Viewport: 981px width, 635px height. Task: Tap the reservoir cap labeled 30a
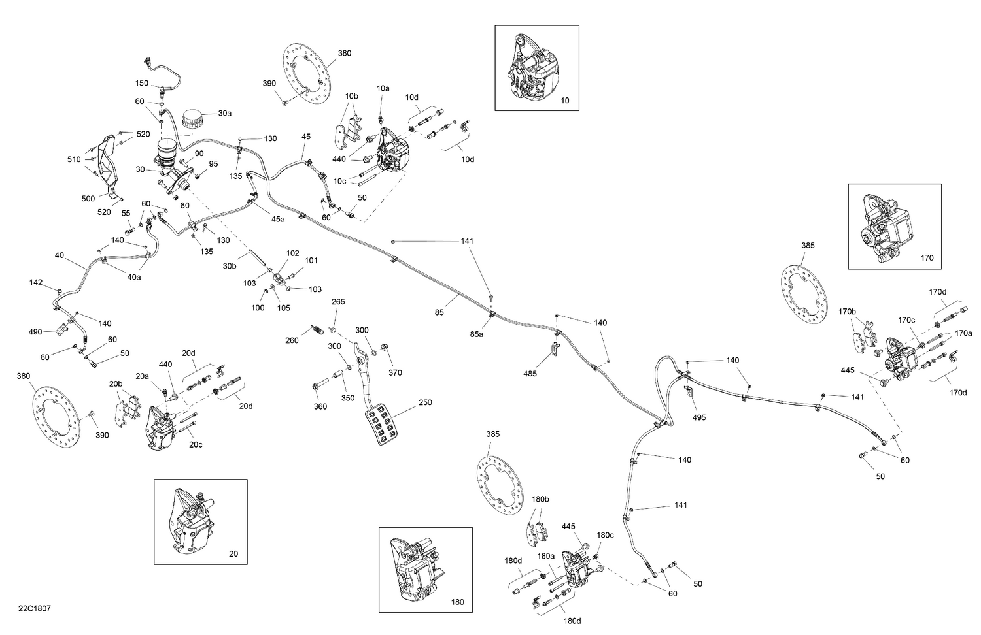(192, 119)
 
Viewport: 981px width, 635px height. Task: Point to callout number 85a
(477, 334)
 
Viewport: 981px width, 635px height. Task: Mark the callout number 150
(142, 83)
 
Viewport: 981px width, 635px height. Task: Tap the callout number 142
(36, 282)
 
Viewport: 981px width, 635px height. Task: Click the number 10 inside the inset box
(565, 101)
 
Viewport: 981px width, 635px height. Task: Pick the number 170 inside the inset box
(927, 258)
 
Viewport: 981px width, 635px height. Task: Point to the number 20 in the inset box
(233, 554)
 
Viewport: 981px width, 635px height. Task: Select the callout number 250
(425, 402)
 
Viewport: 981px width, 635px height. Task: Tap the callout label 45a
(278, 219)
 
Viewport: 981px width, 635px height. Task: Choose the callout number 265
(338, 302)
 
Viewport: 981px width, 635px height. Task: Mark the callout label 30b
(229, 266)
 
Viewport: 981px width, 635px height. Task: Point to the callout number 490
(35, 332)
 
